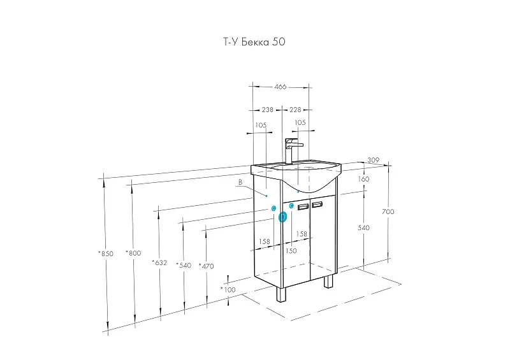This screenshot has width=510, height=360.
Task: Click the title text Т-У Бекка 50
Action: [x=254, y=42]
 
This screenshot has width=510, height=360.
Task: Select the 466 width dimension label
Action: [x=280, y=87]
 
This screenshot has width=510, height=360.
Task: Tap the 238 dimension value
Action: [x=267, y=110]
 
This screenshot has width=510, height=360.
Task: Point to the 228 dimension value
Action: [x=295, y=110]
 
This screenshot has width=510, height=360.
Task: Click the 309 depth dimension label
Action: [x=373, y=160]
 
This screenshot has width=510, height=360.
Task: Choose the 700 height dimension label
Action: [x=388, y=212]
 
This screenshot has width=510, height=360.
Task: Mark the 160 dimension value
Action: [x=363, y=179]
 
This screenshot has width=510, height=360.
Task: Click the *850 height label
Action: [x=106, y=254]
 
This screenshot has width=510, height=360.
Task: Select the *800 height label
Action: [x=133, y=253]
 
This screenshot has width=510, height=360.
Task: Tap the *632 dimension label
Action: [x=159, y=263]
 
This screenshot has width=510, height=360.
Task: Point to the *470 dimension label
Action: [x=206, y=266]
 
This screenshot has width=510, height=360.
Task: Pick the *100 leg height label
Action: [x=228, y=289]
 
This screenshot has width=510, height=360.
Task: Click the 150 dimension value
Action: [x=291, y=251]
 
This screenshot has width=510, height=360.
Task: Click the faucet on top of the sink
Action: [x=293, y=150]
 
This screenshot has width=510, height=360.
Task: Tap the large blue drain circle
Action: [x=282, y=217]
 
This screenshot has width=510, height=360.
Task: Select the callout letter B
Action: [x=240, y=182]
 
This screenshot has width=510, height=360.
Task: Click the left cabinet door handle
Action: [x=303, y=206]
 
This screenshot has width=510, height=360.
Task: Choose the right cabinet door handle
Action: [x=317, y=205]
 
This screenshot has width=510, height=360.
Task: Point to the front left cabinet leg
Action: [x=280, y=294]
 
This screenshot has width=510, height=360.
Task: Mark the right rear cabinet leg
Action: [x=328, y=280]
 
